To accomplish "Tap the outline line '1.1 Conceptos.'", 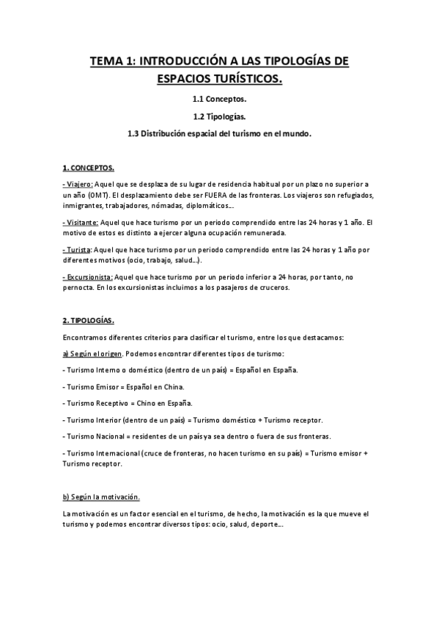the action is (219, 98).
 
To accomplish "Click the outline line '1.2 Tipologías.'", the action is (219, 116).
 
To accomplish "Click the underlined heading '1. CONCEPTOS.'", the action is (88, 168).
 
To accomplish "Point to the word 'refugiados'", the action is (350, 195).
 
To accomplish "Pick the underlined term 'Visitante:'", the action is (81, 222).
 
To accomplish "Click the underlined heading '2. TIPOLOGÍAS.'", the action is (89, 321).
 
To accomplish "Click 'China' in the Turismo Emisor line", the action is (174, 386).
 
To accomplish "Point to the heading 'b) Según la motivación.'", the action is (101, 497).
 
